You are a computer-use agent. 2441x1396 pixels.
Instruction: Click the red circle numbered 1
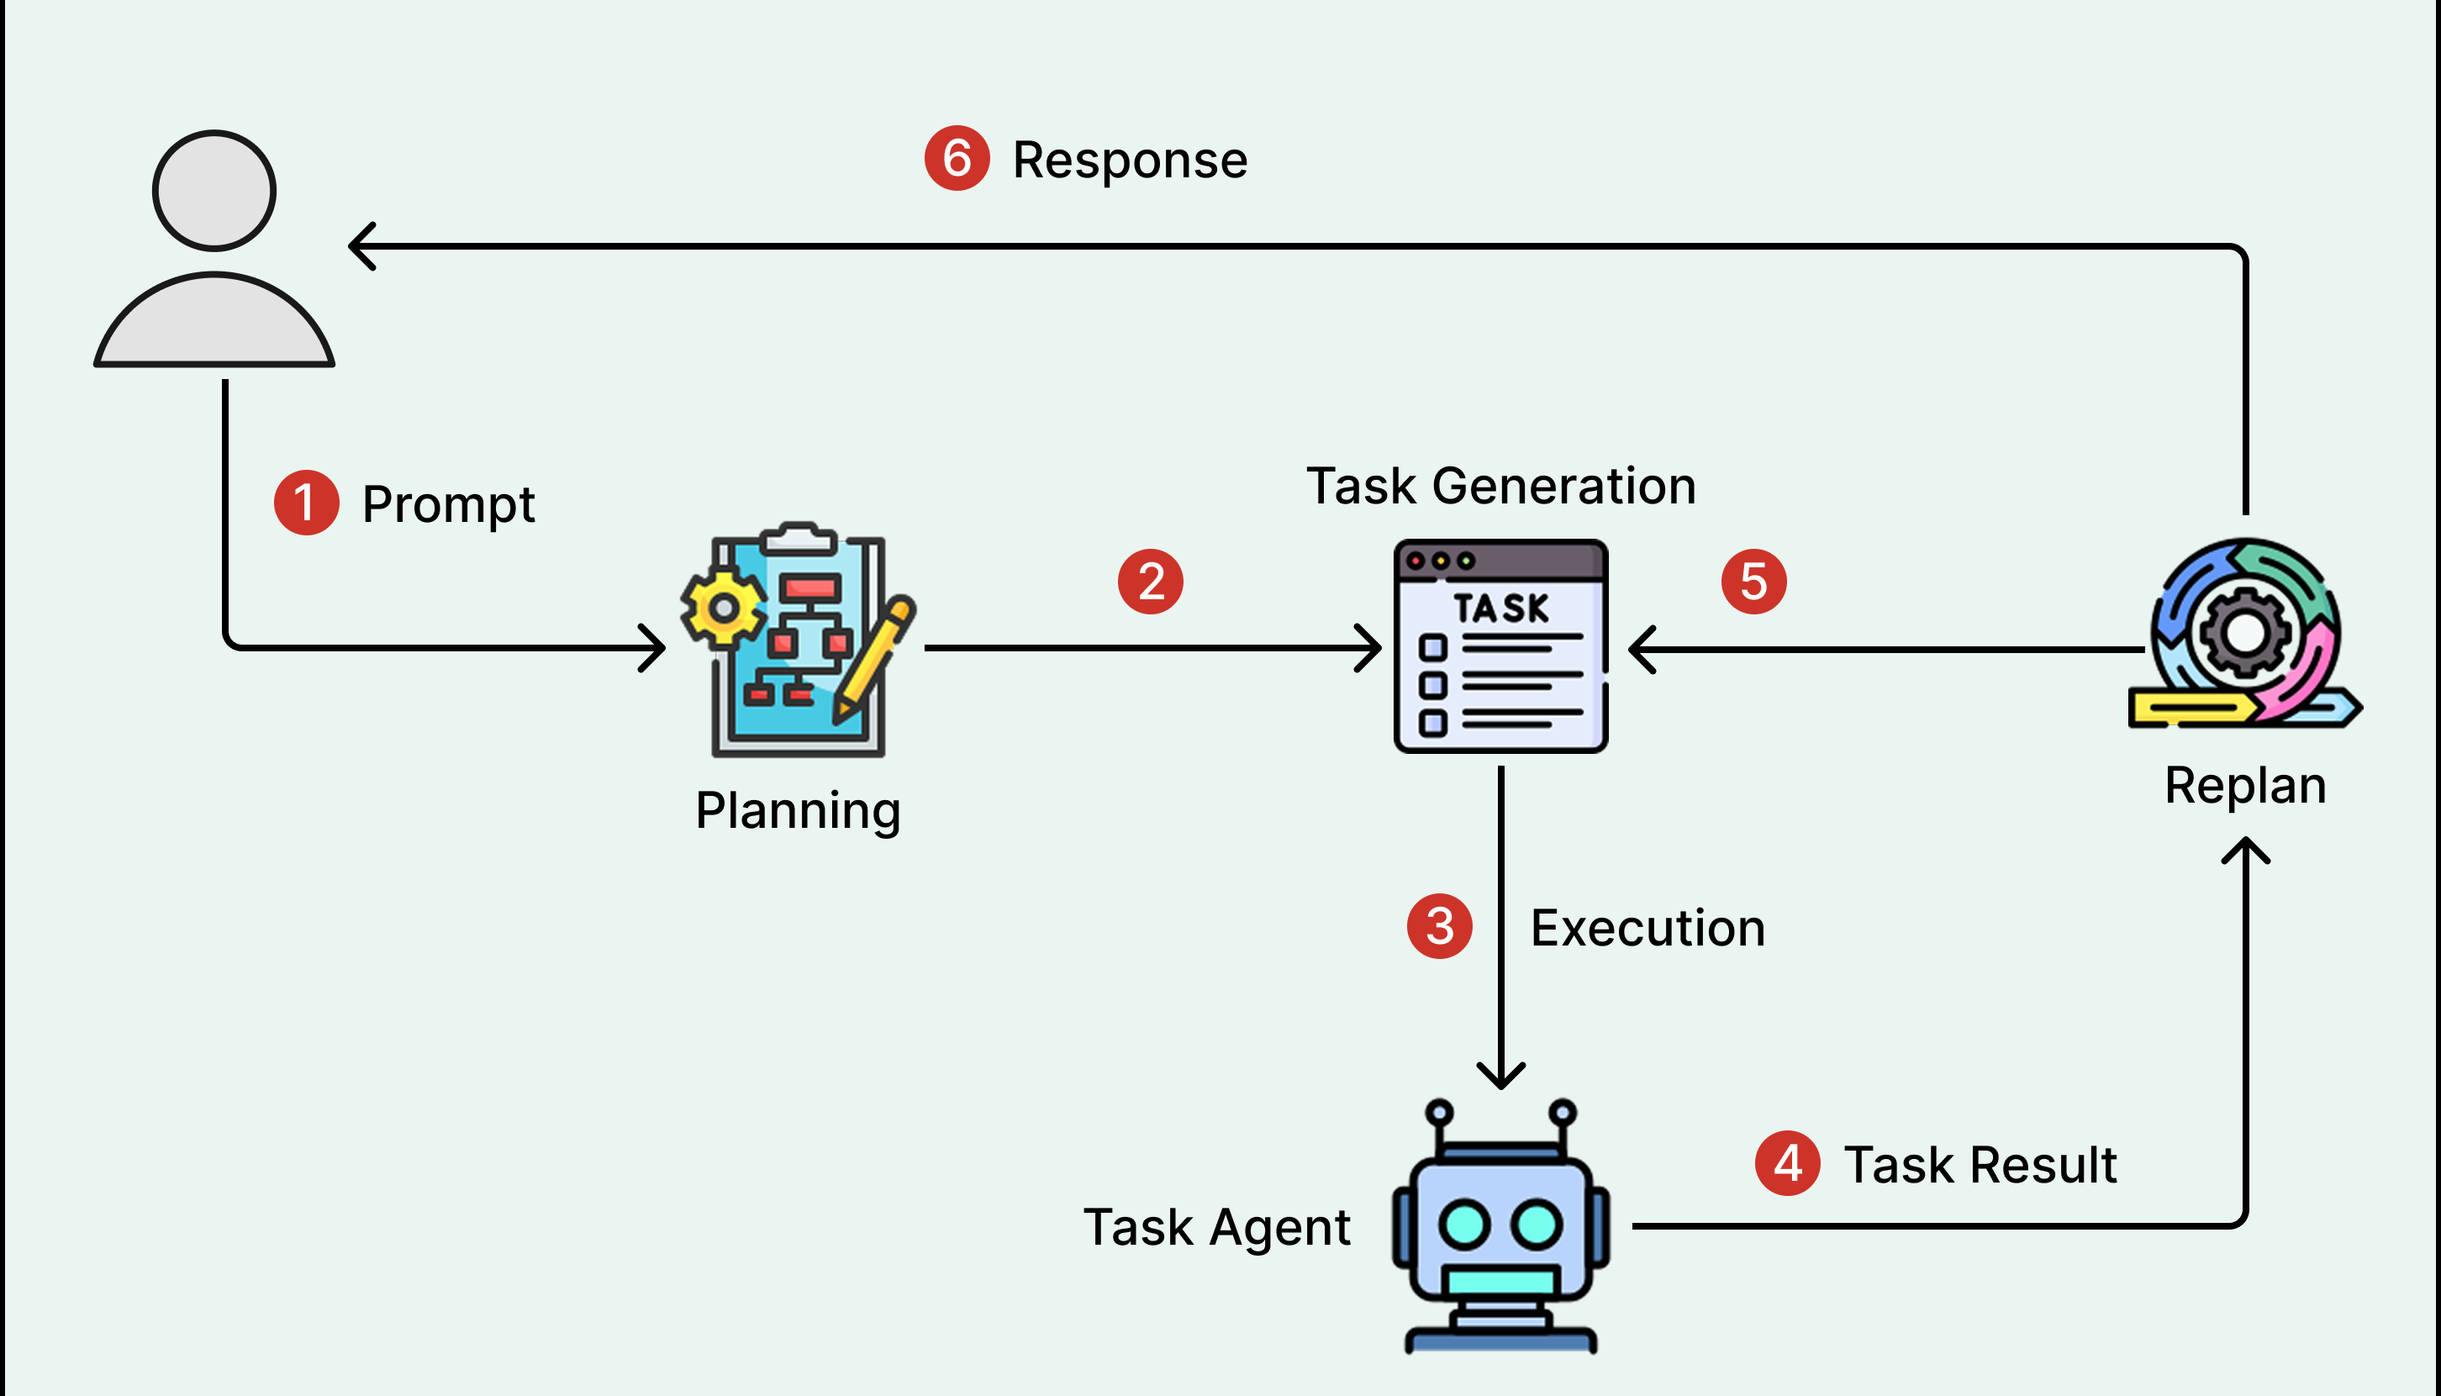click(x=306, y=503)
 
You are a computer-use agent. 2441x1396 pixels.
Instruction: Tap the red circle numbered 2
click(x=1151, y=581)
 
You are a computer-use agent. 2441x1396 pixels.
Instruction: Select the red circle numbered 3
click(x=1439, y=926)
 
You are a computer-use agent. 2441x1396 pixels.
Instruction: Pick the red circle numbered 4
click(x=1787, y=1163)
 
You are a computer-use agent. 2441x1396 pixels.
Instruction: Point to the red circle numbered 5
click(x=1753, y=581)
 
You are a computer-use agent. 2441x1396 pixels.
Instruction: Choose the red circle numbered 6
click(x=957, y=158)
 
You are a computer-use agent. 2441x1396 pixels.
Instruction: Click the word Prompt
click(x=448, y=504)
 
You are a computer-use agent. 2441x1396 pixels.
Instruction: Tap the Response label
click(x=1130, y=161)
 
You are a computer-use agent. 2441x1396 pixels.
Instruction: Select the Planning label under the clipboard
click(x=798, y=811)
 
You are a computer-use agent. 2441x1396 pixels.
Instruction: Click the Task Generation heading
click(x=1501, y=486)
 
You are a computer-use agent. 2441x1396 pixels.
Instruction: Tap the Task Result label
click(x=1980, y=1165)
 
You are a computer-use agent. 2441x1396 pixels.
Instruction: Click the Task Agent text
click(x=1215, y=1227)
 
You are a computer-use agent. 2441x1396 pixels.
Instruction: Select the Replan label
click(x=2245, y=786)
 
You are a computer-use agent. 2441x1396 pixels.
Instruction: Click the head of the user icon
click(x=214, y=191)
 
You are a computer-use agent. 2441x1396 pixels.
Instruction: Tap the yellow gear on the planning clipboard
click(x=724, y=608)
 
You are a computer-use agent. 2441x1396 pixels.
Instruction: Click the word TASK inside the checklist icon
click(x=1500, y=608)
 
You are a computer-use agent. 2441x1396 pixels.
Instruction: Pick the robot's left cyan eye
click(x=1463, y=1225)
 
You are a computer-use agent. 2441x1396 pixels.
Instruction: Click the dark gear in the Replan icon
click(x=2244, y=633)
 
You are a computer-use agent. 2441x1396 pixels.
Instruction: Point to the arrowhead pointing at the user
click(x=360, y=246)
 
